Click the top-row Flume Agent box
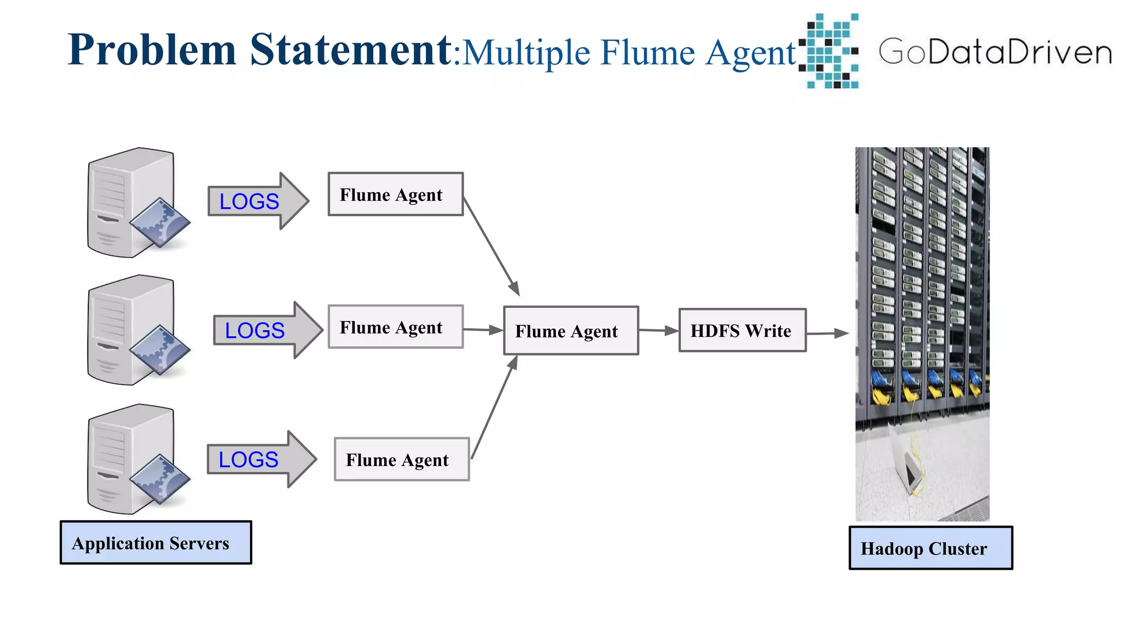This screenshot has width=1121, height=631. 395,194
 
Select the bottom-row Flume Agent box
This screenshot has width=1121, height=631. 402,460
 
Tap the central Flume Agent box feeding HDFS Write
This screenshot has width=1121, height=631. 571,331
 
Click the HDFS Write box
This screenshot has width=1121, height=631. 742,330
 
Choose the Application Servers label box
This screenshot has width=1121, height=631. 155,543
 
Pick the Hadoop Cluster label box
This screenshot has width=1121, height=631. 931,548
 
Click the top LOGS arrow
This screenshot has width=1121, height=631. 257,201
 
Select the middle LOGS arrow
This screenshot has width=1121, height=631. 267,330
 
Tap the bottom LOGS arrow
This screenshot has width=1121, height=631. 261,460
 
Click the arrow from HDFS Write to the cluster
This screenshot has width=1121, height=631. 827,333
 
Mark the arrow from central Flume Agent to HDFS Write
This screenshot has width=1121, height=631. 658,330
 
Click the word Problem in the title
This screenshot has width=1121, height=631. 152,50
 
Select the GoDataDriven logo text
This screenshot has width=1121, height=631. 995,52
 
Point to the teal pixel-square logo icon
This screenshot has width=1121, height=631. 829,51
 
